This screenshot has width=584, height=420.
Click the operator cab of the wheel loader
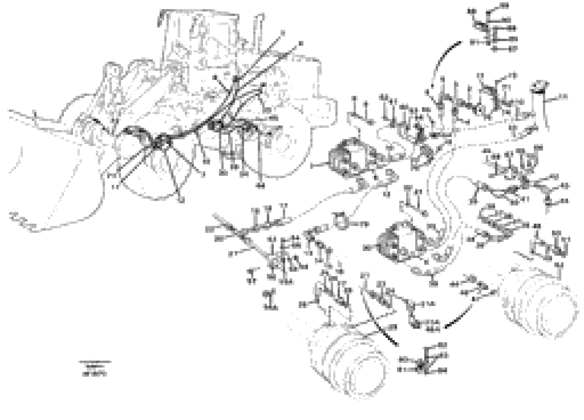coord(198,39)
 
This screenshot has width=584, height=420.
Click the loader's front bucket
coord(59,180)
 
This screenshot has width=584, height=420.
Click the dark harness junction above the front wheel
coord(157,142)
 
